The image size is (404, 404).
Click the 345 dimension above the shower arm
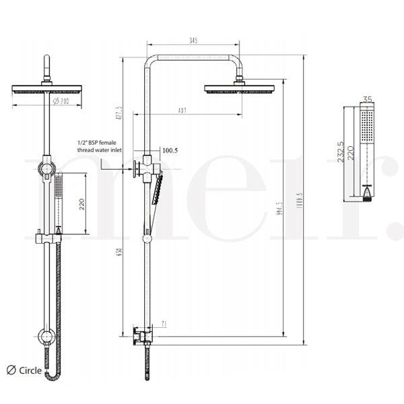click(x=193, y=42)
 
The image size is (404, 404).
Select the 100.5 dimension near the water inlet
click(x=170, y=150)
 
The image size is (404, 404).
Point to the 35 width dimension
click(x=367, y=100)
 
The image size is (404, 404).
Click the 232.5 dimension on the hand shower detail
click(x=341, y=151)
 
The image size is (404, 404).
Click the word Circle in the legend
click(x=30, y=370)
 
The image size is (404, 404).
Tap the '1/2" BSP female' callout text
click(x=100, y=143)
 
